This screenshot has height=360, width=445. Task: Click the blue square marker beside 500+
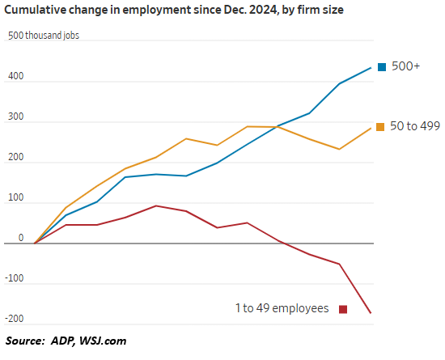click(x=380, y=66)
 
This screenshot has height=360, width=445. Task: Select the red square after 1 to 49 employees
click(x=342, y=308)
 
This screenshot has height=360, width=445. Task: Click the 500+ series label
click(x=405, y=66)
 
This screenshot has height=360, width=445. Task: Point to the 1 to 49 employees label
click(x=282, y=308)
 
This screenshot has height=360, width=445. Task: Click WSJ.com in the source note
click(x=102, y=341)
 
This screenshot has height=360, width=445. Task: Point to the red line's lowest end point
click(x=371, y=313)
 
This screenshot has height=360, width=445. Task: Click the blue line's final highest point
click(x=371, y=68)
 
